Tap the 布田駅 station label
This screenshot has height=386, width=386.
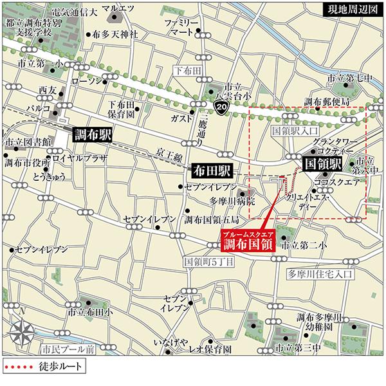(x=210, y=171)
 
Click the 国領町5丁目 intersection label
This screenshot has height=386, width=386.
(x=205, y=262)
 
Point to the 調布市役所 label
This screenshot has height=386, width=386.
(x=28, y=161)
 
